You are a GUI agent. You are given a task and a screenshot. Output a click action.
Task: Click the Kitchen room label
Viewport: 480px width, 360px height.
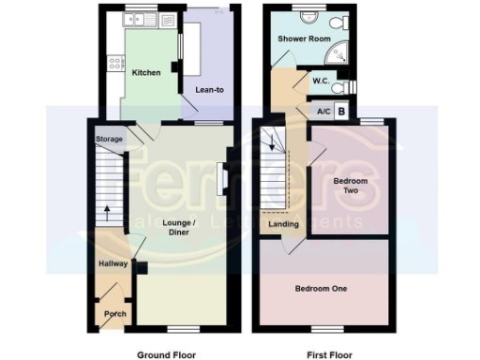tap(145, 73)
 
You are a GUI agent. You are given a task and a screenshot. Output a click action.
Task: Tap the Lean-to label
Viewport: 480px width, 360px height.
tap(207, 90)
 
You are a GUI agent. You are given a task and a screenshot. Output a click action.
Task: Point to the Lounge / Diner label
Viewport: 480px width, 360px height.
tap(178, 227)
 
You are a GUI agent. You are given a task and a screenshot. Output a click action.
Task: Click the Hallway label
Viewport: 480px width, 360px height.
tap(113, 264)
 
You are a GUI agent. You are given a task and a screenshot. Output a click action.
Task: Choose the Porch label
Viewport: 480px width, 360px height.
tap(114, 313)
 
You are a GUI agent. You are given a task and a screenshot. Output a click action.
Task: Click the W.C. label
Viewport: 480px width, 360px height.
tap(319, 82)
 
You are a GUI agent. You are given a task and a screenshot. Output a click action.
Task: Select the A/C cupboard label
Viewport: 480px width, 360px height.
tap(324, 112)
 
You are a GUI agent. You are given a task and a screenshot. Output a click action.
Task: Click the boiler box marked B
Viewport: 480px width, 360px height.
tap(341, 112)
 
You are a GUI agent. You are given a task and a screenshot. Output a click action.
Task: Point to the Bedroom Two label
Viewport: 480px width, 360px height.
tap(351, 185)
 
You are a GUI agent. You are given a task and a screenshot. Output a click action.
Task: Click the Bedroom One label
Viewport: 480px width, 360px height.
tap(321, 289)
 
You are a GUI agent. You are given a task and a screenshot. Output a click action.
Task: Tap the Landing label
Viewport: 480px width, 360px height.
tap(283, 224)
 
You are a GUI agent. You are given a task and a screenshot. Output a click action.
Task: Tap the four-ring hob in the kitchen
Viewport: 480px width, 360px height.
tap(117, 64)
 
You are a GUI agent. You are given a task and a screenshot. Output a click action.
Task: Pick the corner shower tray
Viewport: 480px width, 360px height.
tap(341, 52)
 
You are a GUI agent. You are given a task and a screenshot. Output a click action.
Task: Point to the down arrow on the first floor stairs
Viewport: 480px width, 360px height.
tap(274, 142)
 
